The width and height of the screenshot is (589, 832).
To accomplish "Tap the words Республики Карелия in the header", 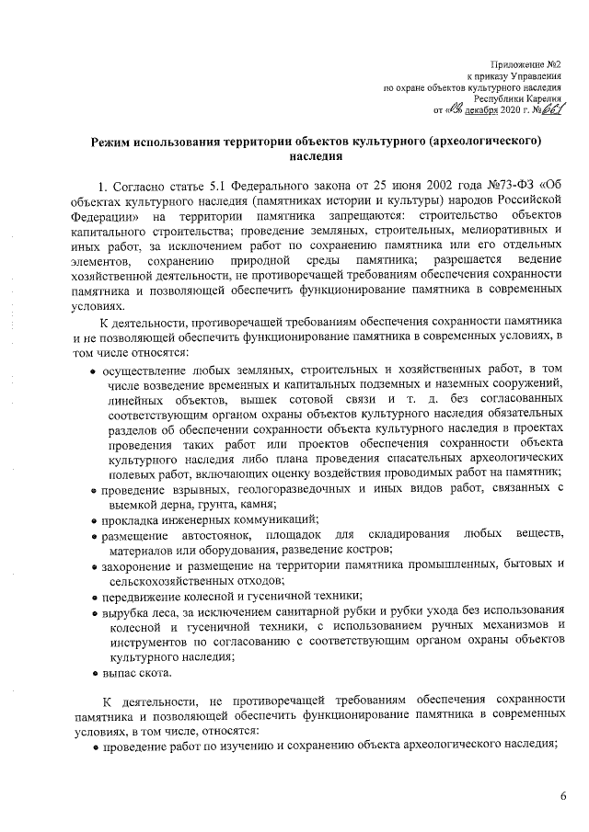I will pos(518,97).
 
